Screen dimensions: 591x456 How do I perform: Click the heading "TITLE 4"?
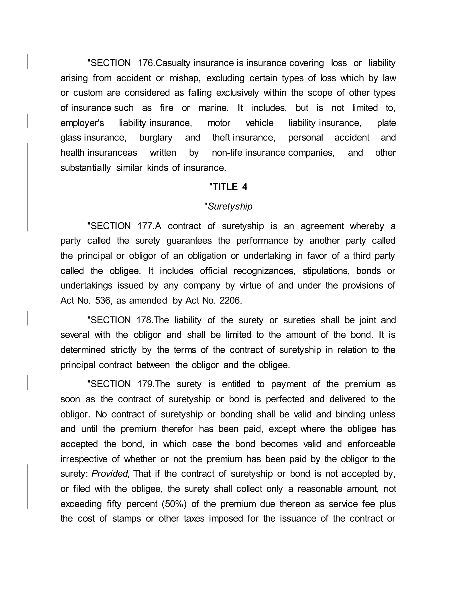pos(228,187)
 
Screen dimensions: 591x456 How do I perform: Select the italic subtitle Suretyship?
pos(228,207)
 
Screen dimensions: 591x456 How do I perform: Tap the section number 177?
pos(146,226)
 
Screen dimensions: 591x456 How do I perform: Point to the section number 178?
pos(146,320)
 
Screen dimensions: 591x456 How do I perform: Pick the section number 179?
pos(146,384)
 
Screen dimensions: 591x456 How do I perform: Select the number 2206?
pos(230,301)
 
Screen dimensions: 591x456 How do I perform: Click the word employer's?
pos(82,123)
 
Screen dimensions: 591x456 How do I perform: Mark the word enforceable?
pos(371,444)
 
